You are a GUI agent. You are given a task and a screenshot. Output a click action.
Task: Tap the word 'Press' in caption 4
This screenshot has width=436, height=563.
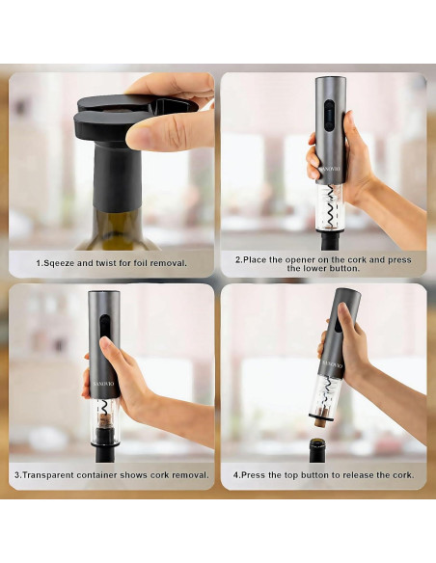click(252, 475)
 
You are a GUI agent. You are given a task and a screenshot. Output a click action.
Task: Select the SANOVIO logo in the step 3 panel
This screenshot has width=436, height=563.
click(103, 384)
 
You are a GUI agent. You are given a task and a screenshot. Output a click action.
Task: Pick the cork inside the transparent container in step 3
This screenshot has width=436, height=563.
click(105, 420)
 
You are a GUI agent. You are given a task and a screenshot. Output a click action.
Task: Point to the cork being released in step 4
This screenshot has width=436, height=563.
click(320, 420)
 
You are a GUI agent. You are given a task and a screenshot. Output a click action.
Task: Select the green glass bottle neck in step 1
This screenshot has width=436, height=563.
click(118, 229)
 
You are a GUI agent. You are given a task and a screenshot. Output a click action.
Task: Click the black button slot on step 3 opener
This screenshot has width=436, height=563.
click(105, 325)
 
